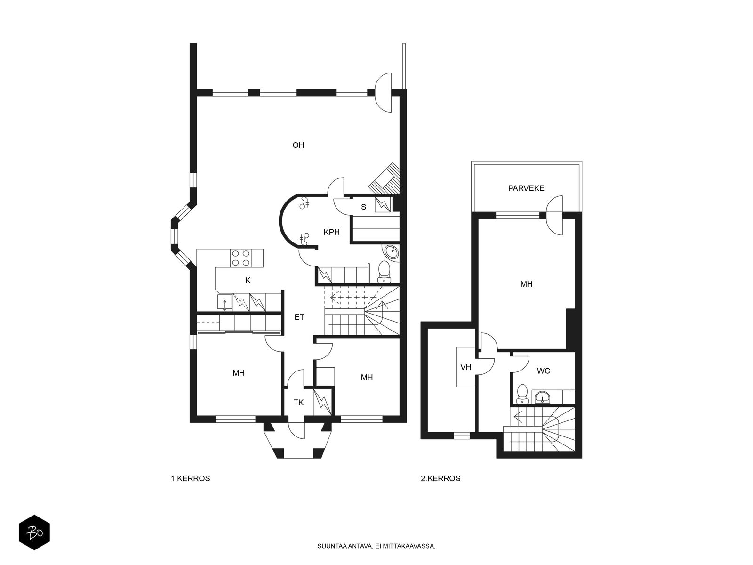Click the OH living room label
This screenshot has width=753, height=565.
(298, 145)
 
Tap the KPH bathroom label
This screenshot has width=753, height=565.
(331, 232)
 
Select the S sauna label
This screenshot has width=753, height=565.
(364, 207)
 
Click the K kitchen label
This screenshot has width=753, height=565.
(248, 281)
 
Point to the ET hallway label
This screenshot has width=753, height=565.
(299, 317)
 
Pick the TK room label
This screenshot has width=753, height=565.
(298, 403)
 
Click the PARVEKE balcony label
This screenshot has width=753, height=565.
(526, 188)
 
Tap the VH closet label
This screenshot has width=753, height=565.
(466, 367)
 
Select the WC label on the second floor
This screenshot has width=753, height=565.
(544, 371)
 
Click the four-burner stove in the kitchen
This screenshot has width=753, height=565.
(241, 258)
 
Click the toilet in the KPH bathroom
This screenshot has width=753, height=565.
(384, 272)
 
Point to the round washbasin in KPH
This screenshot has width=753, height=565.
(391, 253)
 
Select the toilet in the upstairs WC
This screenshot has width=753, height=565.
(522, 394)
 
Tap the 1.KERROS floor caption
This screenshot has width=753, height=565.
(191, 478)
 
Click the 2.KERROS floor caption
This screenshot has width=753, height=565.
(441, 478)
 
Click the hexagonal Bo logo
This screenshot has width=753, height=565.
(34, 533)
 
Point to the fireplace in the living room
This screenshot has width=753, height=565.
(385, 178)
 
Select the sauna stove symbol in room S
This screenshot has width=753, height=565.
(383, 204)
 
